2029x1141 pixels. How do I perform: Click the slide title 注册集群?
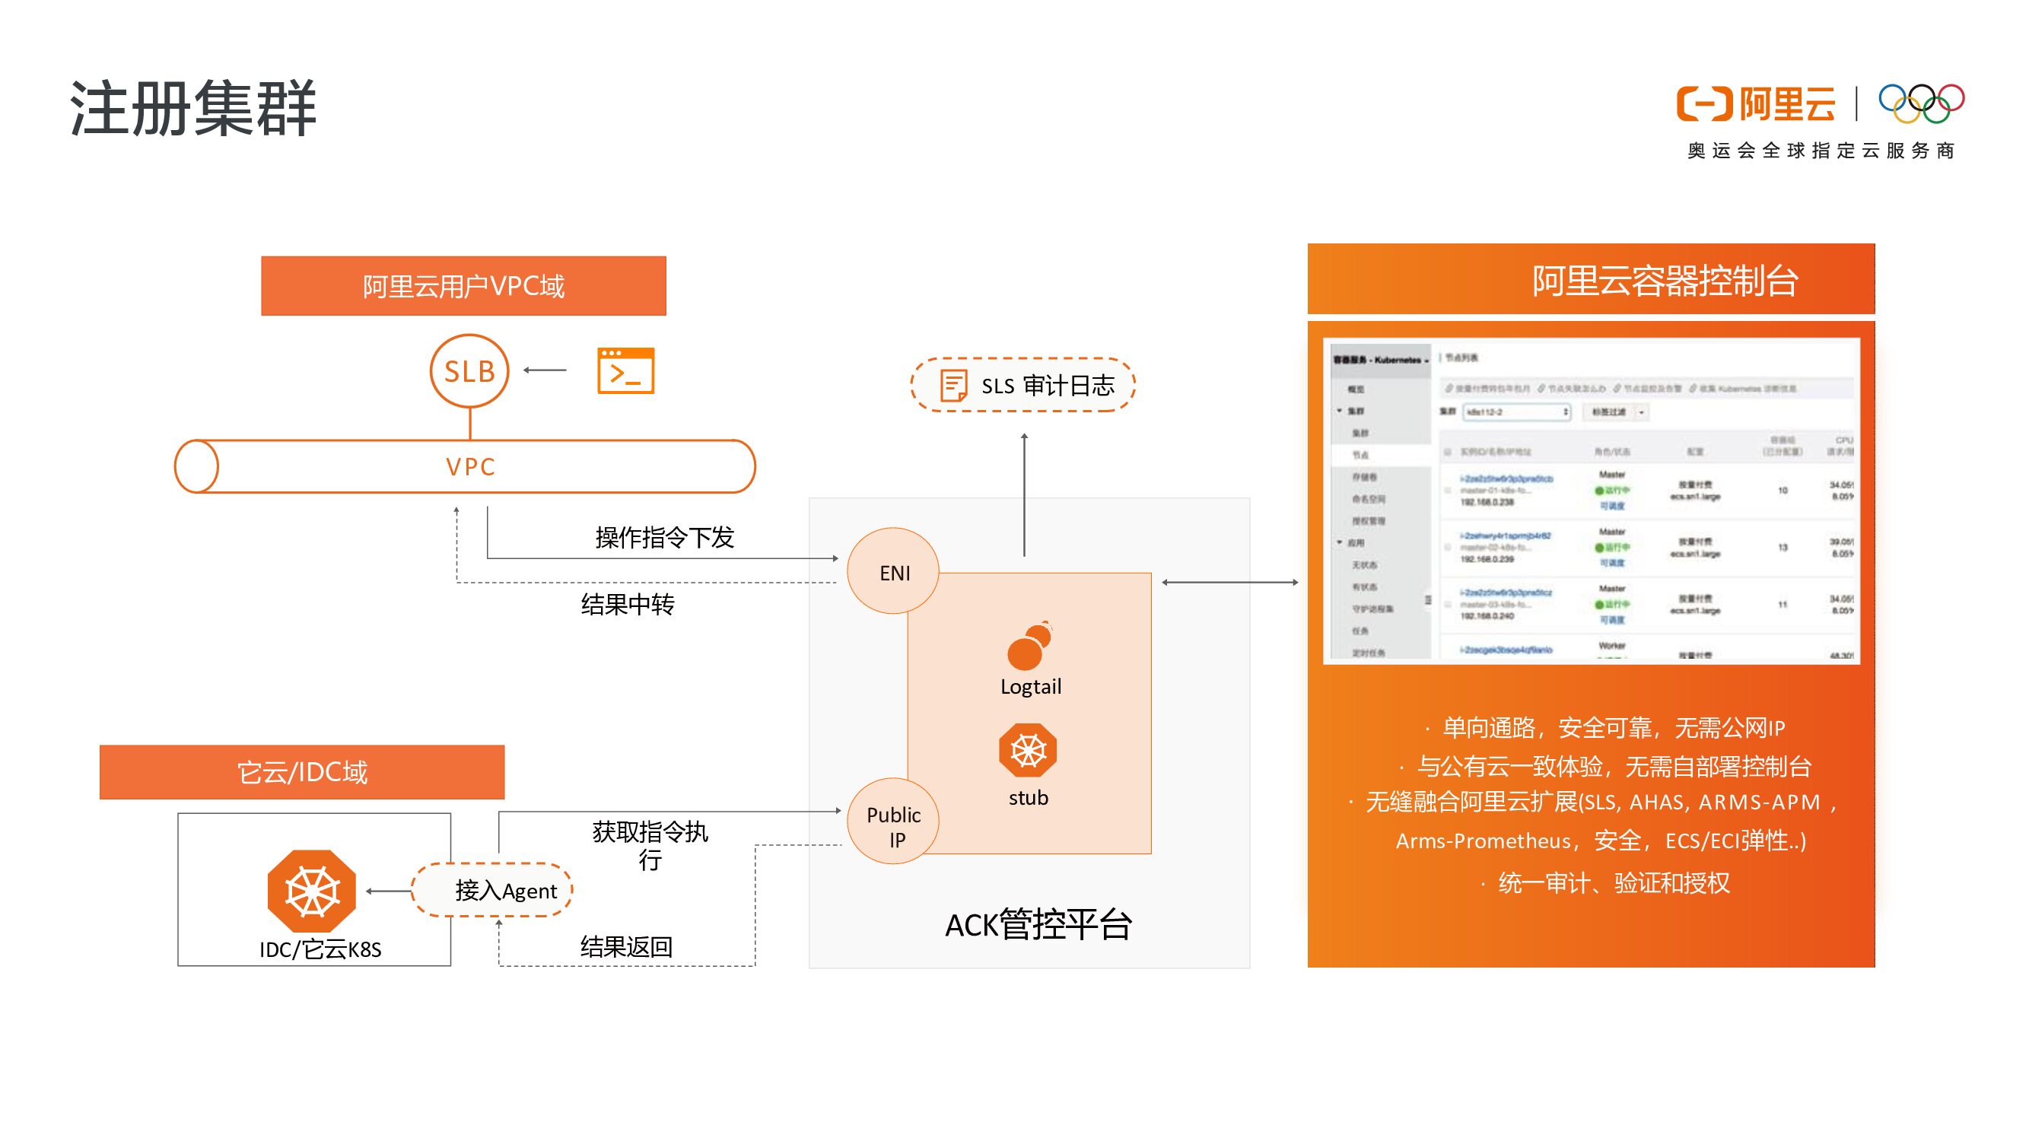pyautogui.click(x=193, y=108)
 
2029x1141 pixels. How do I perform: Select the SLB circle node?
pyautogui.click(x=469, y=371)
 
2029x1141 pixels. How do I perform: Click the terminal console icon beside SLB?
pyautogui.click(x=625, y=370)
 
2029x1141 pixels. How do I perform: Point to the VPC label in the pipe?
pyautogui.click(x=470, y=467)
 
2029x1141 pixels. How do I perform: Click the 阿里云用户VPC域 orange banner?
pyautogui.click(x=463, y=286)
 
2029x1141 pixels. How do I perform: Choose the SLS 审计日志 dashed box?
pyautogui.click(x=1022, y=385)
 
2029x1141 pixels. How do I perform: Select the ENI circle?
pyautogui.click(x=893, y=572)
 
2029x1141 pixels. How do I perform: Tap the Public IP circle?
pyautogui.click(x=893, y=824)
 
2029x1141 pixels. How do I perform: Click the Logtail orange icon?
pyautogui.click(x=1029, y=646)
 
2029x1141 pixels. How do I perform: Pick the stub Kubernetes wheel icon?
pyautogui.click(x=1027, y=750)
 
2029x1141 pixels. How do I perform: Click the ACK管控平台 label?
pyautogui.click(x=1038, y=924)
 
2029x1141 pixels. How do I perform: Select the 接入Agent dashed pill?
pyautogui.click(x=493, y=890)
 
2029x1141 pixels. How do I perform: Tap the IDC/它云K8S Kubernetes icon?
pyautogui.click(x=312, y=891)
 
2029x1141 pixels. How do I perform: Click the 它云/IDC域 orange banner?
pyautogui.click(x=302, y=771)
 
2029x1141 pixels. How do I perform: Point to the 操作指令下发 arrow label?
pyautogui.click(x=664, y=538)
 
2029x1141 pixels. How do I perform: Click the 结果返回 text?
pyautogui.click(x=626, y=946)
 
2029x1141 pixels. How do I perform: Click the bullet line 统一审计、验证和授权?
pyautogui.click(x=1612, y=882)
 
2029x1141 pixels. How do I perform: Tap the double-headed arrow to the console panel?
pyautogui.click(x=1229, y=582)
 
